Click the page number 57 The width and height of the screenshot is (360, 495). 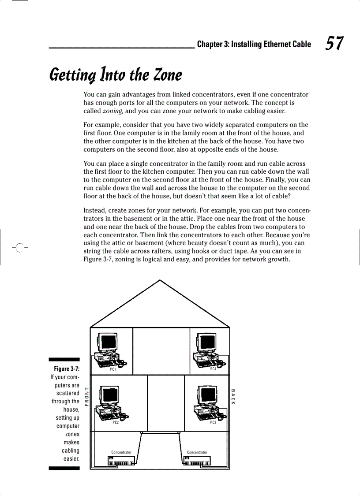334,44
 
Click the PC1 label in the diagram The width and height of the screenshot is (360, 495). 113,369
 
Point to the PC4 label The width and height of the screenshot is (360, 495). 213,369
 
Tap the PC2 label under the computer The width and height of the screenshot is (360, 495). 116,422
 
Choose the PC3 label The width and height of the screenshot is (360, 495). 213,422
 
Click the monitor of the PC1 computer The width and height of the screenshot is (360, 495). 107,342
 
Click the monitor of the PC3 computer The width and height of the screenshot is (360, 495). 207,395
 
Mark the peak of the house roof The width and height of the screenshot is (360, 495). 160,280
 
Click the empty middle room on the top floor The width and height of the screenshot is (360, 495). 161,350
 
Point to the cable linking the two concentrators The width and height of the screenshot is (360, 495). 160,433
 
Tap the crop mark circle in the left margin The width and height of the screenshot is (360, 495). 20,248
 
